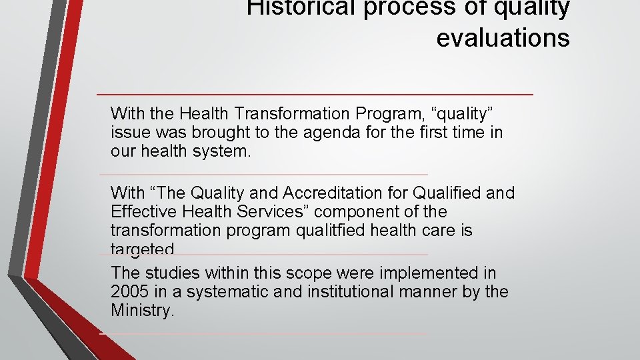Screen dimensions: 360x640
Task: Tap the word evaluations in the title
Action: tap(503, 38)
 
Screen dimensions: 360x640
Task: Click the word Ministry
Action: tap(141, 311)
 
